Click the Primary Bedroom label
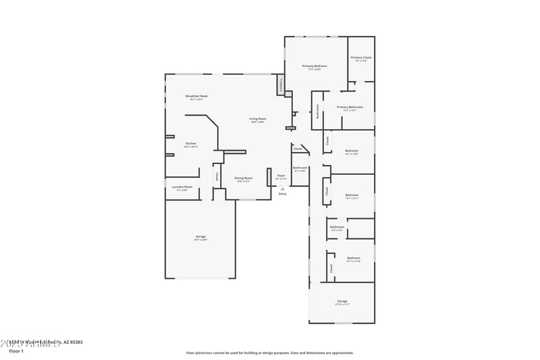click(x=317, y=66)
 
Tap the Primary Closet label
click(x=361, y=58)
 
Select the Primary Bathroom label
click(x=350, y=107)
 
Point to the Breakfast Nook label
click(x=197, y=97)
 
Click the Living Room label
click(x=258, y=120)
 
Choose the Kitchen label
click(x=191, y=143)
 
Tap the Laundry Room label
click(x=182, y=187)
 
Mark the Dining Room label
click(x=244, y=178)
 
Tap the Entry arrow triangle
click(x=282, y=188)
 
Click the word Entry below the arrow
click(x=282, y=194)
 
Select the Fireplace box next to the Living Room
click(x=279, y=86)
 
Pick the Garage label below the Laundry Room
click(x=200, y=236)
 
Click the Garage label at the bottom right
click(x=342, y=301)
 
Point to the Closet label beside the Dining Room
click(x=217, y=176)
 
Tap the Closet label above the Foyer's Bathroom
click(x=298, y=149)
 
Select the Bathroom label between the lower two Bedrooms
click(x=336, y=228)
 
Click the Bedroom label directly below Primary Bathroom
click(x=352, y=151)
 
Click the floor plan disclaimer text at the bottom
click(x=269, y=352)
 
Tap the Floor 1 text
click(x=16, y=351)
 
